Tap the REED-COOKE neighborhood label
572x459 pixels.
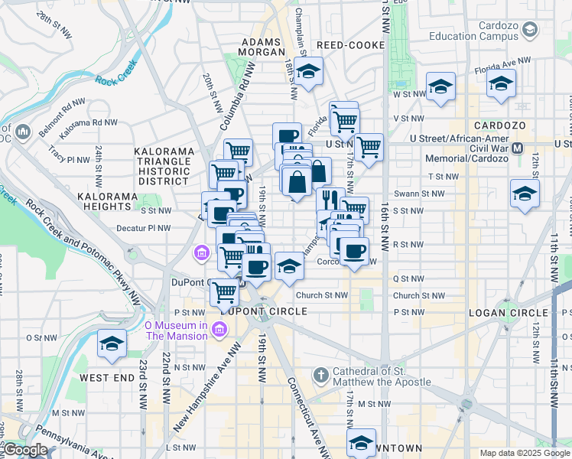351,45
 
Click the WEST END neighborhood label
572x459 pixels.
107,378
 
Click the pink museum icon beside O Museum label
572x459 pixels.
220,330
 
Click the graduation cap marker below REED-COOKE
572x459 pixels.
308,72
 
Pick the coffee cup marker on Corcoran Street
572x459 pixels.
353,251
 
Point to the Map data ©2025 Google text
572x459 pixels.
525,453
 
